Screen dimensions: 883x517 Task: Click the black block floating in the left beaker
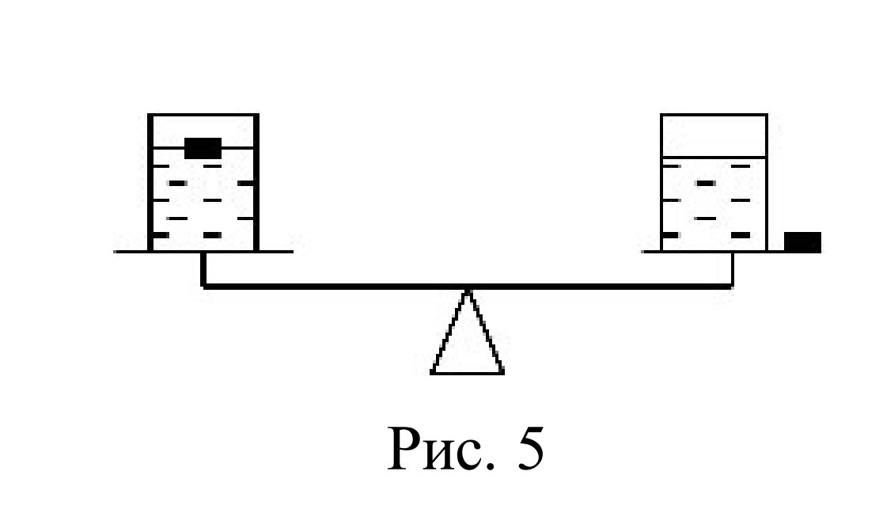[203, 148]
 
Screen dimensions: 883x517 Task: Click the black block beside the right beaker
[802, 242]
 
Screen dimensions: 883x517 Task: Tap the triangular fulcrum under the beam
[467, 332]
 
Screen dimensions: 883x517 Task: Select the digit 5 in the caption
[530, 449]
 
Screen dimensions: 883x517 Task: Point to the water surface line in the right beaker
[714, 157]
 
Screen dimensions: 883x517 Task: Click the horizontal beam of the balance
[467, 287]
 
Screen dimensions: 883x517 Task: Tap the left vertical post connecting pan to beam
[203, 270]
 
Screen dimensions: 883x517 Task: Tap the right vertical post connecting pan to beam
[732, 270]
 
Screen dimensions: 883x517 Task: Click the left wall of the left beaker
[150, 182]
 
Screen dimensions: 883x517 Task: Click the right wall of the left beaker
[256, 182]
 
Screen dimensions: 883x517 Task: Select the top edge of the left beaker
[203, 115]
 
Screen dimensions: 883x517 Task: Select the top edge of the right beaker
[714, 115]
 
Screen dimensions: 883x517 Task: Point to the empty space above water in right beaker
[714, 136]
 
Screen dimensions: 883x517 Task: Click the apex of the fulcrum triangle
[467, 290]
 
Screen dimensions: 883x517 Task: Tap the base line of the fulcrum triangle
[467, 372]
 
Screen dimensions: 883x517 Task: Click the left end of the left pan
[114, 252]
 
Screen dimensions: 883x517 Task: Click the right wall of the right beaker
[767, 182]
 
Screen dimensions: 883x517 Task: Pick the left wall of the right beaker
[661, 182]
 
